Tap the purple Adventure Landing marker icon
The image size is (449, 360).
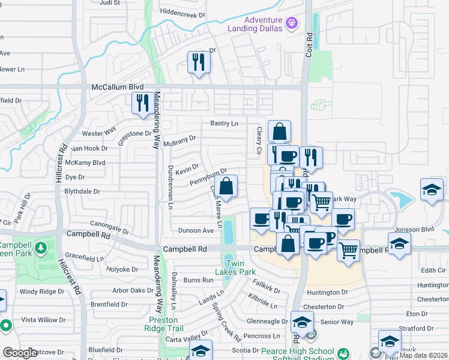click(x=292, y=23)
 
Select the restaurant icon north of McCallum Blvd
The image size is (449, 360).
click(x=198, y=62)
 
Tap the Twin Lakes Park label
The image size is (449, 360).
click(x=243, y=268)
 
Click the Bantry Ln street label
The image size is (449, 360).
click(x=224, y=123)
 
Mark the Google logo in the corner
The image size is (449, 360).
click(x=20, y=353)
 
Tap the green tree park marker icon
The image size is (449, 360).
click(x=41, y=247)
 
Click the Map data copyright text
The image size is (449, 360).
click(x=423, y=355)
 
